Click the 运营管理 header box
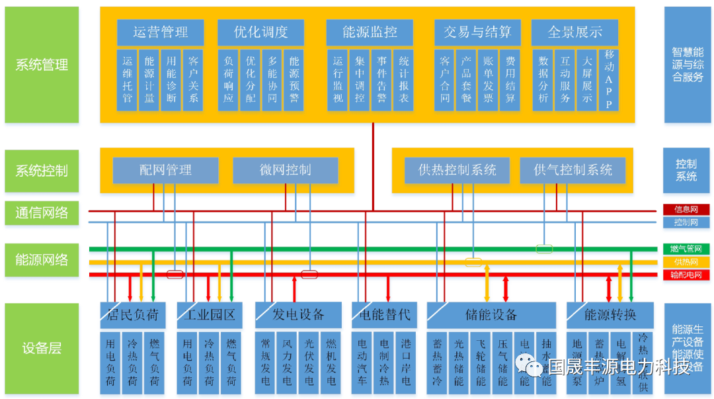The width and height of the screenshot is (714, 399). click(x=160, y=32)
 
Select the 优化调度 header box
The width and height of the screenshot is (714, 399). click(x=260, y=32)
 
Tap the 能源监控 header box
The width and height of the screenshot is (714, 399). click(x=370, y=32)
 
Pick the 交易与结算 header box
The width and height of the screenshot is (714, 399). click(x=477, y=32)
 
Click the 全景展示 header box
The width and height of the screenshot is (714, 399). click(x=575, y=32)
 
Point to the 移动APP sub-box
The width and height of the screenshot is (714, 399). click(x=609, y=80)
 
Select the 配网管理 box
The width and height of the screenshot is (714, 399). click(x=165, y=170)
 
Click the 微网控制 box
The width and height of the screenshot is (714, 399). click(x=285, y=170)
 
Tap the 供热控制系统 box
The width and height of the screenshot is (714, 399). click(x=457, y=170)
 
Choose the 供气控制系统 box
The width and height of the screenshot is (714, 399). click(x=573, y=170)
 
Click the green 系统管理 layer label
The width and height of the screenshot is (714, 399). click(x=42, y=65)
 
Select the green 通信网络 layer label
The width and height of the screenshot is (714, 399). click(x=42, y=213)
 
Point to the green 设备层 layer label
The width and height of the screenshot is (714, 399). click(x=42, y=348)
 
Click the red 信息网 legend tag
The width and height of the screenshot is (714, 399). click(x=686, y=210)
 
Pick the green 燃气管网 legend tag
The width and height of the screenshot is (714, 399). click(x=686, y=249)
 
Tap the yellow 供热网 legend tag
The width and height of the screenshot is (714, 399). click(x=686, y=262)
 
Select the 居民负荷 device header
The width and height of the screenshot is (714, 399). click(x=132, y=315)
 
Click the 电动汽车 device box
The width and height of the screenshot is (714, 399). click(x=362, y=363)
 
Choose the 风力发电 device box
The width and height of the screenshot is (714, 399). click(x=287, y=363)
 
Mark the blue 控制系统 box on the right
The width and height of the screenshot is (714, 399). click(x=686, y=170)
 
